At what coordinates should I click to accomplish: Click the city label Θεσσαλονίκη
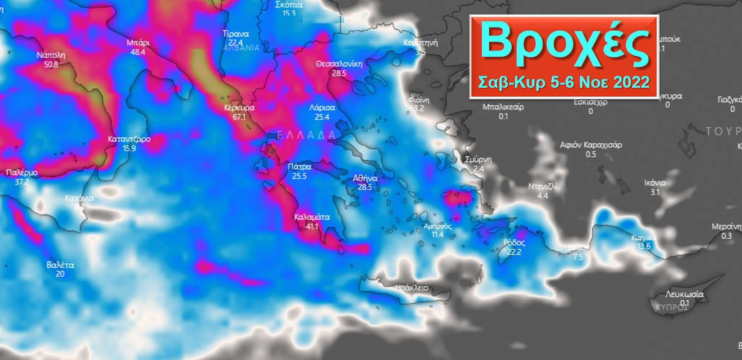(x=339, y=64)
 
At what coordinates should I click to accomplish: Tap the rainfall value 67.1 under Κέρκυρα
(x=239, y=117)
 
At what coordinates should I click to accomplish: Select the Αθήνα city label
(x=365, y=178)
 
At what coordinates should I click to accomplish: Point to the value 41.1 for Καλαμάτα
(x=312, y=226)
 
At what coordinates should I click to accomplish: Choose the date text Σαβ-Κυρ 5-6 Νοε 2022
(x=564, y=82)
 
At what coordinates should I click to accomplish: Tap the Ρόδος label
(x=514, y=243)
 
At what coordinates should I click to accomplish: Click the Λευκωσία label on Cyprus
(x=684, y=294)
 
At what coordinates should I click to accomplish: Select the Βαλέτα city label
(x=60, y=265)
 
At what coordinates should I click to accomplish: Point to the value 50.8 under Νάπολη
(x=51, y=64)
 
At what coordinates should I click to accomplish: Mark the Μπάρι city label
(x=138, y=43)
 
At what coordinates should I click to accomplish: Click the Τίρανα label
(x=236, y=34)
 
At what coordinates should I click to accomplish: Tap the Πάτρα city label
(x=299, y=167)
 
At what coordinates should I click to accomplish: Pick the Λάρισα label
(x=322, y=108)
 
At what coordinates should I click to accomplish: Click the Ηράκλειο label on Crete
(x=411, y=288)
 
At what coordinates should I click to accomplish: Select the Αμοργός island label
(x=437, y=226)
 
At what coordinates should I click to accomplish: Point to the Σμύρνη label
(x=478, y=160)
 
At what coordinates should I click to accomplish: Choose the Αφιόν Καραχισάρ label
(x=590, y=145)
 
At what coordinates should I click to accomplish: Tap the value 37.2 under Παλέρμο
(x=22, y=182)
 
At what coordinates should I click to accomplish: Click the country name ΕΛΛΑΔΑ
(x=306, y=135)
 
